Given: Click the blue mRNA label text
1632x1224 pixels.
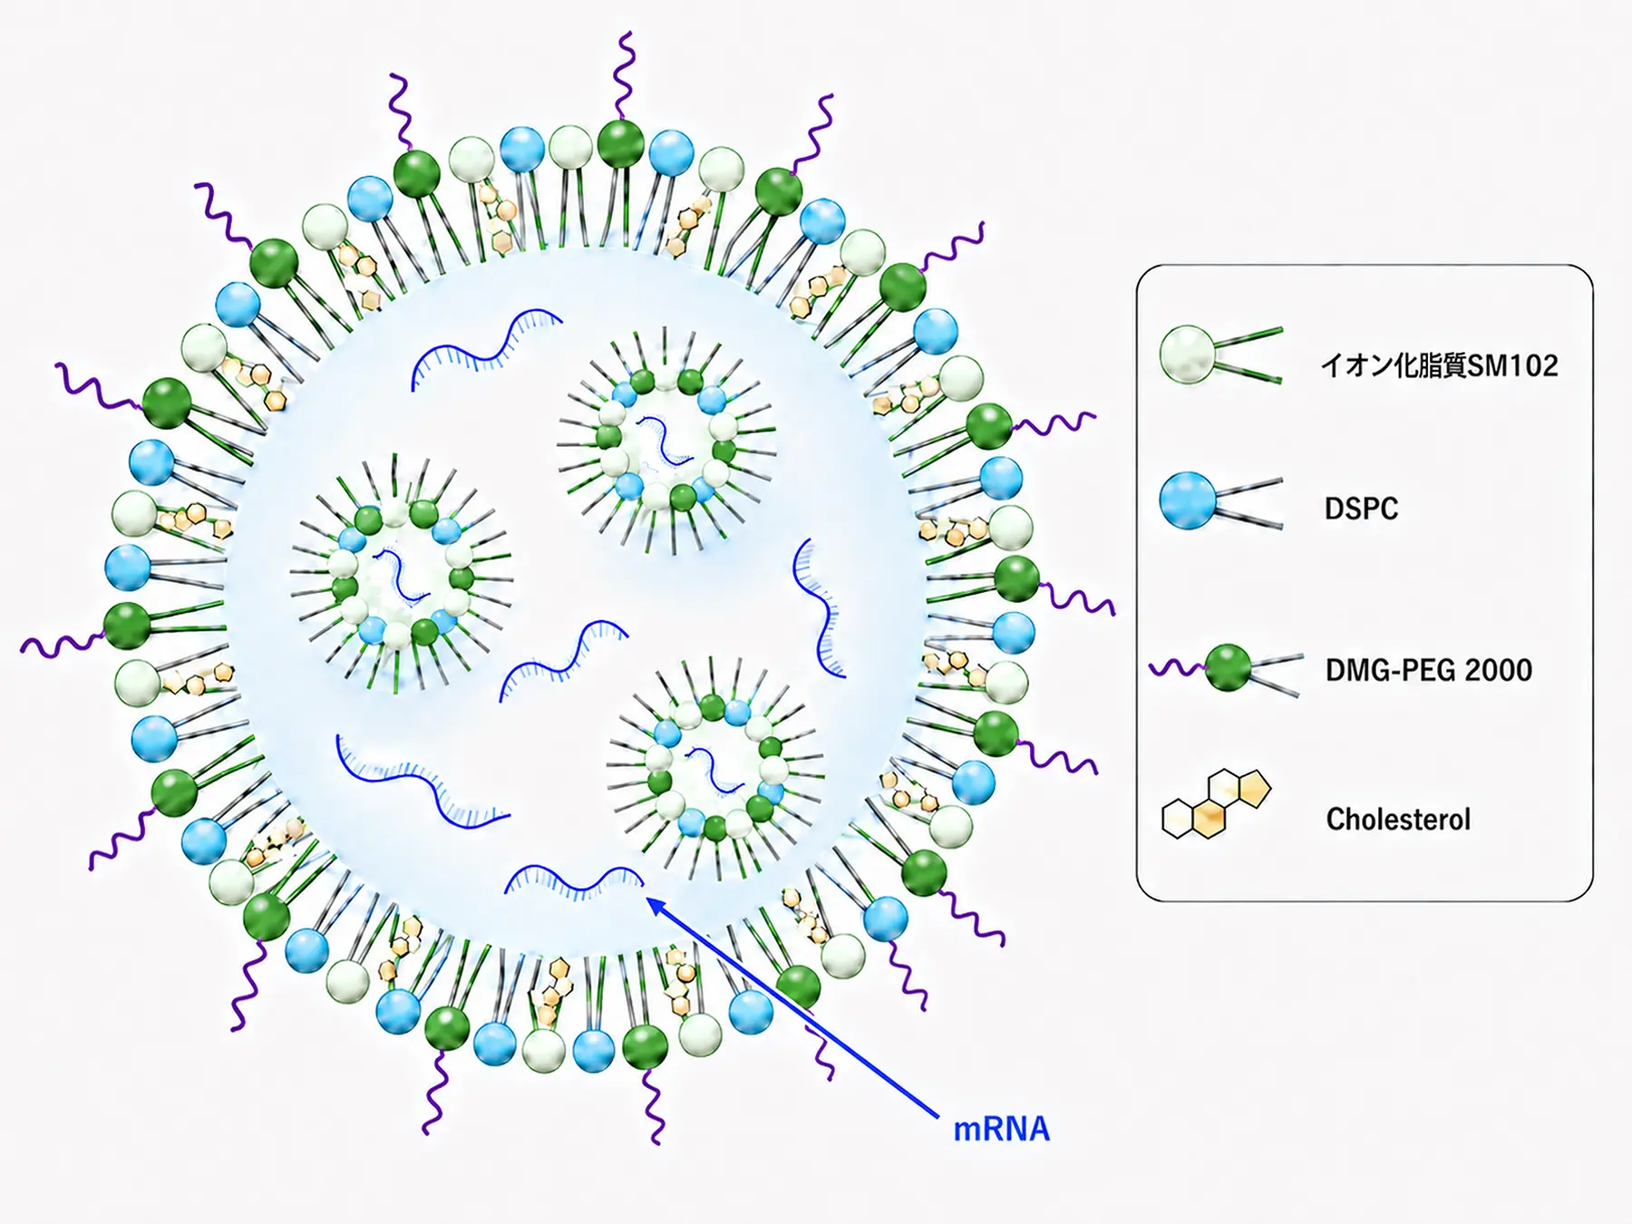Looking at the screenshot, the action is point(1001,1129).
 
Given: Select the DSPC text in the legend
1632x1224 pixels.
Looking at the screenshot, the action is point(1361,509).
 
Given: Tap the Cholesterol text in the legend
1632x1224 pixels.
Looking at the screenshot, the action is point(1398,820).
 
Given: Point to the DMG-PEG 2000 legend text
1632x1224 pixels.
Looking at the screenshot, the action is point(1429,670).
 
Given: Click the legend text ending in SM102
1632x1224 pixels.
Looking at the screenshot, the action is point(1439,365).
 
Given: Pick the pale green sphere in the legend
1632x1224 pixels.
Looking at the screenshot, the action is point(1188,355).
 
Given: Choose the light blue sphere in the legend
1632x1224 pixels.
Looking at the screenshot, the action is point(1188,500).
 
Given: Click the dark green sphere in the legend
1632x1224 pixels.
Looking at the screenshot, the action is point(1229,668).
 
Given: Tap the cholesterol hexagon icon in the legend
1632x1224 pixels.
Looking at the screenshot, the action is point(1217,803).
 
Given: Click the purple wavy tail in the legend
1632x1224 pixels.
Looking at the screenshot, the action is point(1177,669).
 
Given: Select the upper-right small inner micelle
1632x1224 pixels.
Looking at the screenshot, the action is point(666,441).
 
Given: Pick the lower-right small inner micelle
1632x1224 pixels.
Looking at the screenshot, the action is point(715,770).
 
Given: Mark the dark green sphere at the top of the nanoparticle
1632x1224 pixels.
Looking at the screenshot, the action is point(621,143).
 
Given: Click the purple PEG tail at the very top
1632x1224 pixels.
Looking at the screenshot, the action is point(623,76).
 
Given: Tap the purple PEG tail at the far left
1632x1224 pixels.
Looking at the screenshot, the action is point(62,644).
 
